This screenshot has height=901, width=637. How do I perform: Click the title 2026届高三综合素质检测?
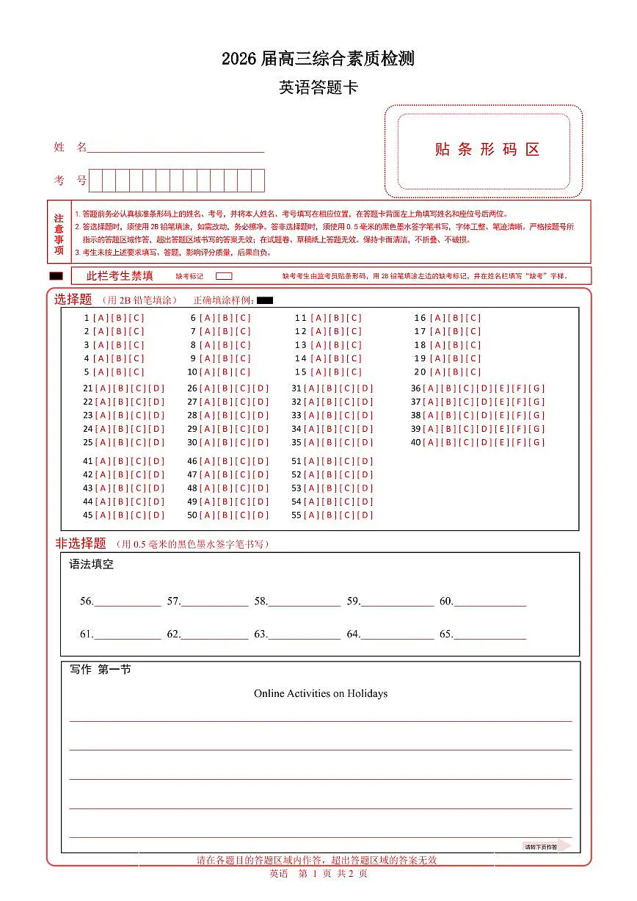click(318, 59)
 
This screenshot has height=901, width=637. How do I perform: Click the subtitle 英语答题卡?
click(318, 88)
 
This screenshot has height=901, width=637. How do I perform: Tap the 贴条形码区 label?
click(487, 150)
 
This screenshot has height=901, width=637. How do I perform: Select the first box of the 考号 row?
click(96, 180)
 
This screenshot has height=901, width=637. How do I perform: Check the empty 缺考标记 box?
click(225, 276)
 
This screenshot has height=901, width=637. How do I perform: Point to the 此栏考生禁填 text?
click(120, 276)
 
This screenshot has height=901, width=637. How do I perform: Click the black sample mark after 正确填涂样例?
click(265, 300)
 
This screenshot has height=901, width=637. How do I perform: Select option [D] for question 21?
click(156, 388)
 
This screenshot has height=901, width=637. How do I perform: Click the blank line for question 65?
click(489, 635)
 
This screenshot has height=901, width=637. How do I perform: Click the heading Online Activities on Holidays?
click(321, 693)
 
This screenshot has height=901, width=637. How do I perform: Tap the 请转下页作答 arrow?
click(546, 846)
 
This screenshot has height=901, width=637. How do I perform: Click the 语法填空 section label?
click(92, 565)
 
